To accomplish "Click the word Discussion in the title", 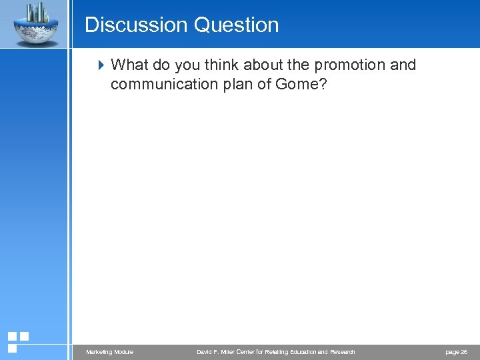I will point(136,25).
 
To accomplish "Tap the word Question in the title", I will point(236,25).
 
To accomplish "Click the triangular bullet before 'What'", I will point(101,65).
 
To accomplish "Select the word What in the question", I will point(130,65).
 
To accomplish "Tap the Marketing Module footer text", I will point(109,352).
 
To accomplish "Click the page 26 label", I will point(456,352).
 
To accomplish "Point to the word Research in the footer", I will point(340,352).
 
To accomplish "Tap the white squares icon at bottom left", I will point(18,342).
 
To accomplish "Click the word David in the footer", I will point(205,352).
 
